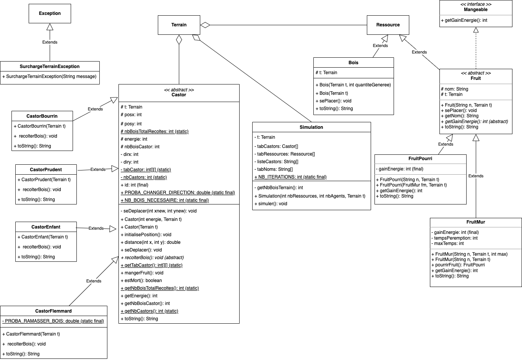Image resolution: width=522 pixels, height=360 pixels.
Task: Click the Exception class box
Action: (50, 13)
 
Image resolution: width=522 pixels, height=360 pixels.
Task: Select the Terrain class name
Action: (179, 25)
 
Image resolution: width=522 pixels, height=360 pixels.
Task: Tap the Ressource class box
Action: (387, 25)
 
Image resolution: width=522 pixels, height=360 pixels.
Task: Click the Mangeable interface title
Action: (475, 10)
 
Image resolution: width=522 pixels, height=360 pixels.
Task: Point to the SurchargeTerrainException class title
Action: (50, 66)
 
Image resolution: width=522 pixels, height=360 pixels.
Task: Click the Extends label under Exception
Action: (50, 42)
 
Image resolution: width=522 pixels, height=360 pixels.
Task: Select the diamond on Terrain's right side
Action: (205, 25)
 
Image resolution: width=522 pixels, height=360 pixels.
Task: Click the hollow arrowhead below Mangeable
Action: (476, 30)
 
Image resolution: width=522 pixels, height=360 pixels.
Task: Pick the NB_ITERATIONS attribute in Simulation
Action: (290, 177)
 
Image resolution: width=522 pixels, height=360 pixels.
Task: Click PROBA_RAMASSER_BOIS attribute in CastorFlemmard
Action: (53, 321)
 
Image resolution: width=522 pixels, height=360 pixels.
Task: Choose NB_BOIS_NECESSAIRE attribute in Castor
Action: (165, 200)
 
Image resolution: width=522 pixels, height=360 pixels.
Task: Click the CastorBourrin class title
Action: (42, 116)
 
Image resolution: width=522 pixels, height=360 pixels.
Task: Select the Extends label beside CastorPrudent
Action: (98, 169)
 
